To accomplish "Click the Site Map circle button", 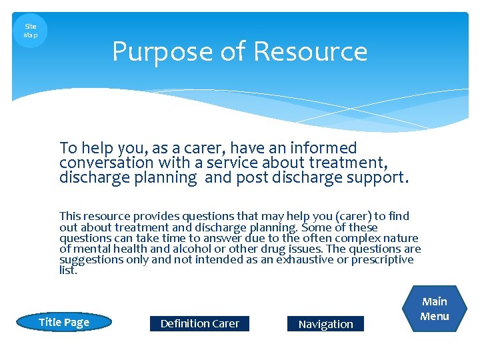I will point(30,31).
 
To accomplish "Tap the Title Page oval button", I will point(64,323).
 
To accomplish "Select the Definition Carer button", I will point(199,323).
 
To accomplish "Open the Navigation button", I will point(325,324).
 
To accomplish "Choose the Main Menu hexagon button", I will point(435,309).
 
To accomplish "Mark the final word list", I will point(67,270).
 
